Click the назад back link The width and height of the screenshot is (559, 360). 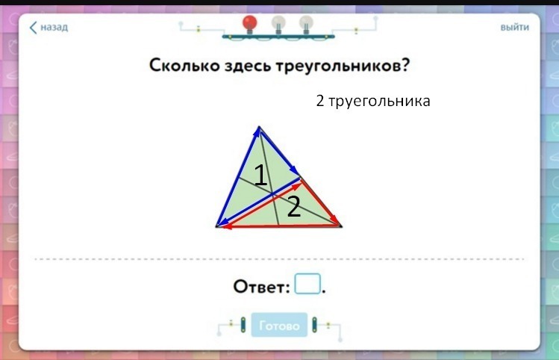tap(49, 27)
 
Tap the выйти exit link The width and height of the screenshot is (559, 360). tap(514, 28)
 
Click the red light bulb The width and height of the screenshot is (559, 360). tap(249, 24)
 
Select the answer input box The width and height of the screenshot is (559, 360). tap(307, 284)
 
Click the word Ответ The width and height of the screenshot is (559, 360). tap(261, 287)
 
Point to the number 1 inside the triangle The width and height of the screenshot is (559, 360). tap(260, 175)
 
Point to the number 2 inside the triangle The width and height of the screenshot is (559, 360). tap(294, 207)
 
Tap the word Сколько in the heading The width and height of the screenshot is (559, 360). tap(184, 65)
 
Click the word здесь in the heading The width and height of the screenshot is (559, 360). tap(247, 66)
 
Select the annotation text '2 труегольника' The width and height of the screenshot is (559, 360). tap(373, 101)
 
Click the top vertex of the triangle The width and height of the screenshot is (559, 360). tap(259, 126)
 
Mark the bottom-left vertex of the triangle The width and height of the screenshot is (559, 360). tap(216, 226)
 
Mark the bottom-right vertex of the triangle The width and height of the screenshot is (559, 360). tap(342, 226)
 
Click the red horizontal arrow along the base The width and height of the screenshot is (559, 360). tap(280, 226)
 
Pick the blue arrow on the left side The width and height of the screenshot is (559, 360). tap(238, 176)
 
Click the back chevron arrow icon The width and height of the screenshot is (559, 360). tap(33, 28)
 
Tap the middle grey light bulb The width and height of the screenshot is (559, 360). tap(278, 25)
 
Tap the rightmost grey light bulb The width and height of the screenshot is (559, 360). tap(306, 25)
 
